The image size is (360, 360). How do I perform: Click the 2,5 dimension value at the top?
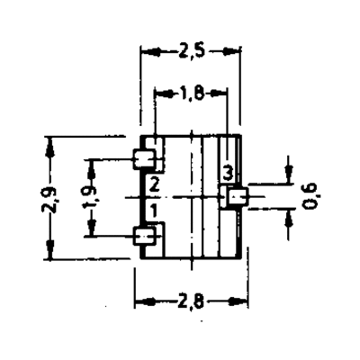pyautogui.click(x=192, y=51)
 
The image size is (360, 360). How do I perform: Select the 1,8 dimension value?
pyautogui.click(x=193, y=94)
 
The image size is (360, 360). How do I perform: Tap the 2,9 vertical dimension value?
pyautogui.click(x=49, y=200)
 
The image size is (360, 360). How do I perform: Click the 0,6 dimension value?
pyautogui.click(x=310, y=196)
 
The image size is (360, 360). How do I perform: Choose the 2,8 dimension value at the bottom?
pyautogui.click(x=191, y=301)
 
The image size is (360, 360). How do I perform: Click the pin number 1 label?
pyautogui.click(x=153, y=211)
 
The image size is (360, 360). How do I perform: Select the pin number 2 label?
pyautogui.click(x=154, y=184)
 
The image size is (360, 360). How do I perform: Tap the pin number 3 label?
pyautogui.click(x=228, y=174)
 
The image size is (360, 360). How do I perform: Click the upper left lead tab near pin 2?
pyautogui.click(x=144, y=158)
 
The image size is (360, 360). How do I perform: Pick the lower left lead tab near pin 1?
pyautogui.click(x=144, y=236)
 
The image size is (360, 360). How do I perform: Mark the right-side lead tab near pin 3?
pyautogui.click(x=238, y=196)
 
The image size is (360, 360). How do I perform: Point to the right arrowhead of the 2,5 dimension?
pyautogui.click(x=230, y=51)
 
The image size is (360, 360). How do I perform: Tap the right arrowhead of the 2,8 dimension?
pyautogui.click(x=238, y=301)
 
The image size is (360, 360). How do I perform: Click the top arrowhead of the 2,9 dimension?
pyautogui.click(x=49, y=146)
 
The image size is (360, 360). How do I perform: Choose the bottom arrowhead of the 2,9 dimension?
pyautogui.click(x=49, y=248)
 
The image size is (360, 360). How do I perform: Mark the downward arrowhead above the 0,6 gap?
pyautogui.click(x=289, y=173)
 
